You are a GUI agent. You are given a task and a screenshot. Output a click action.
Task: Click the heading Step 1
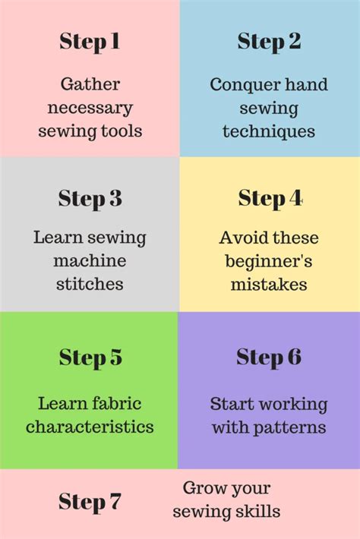[x=90, y=42]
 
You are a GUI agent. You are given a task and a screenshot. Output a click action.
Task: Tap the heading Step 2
[x=269, y=42]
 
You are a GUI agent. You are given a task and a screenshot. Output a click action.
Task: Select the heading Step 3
[x=90, y=199]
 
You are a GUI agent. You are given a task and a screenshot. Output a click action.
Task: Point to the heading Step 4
[x=270, y=199]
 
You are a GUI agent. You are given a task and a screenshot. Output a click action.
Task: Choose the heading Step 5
[x=90, y=358]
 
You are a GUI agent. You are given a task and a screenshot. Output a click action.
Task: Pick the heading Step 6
[x=269, y=357]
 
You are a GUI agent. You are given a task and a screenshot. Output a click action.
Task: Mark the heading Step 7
[x=90, y=502]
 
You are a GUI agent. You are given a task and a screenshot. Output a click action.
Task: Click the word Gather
[x=90, y=84]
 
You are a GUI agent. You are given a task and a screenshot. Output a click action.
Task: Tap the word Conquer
[x=240, y=85]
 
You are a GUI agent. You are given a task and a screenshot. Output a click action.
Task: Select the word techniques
[x=269, y=131]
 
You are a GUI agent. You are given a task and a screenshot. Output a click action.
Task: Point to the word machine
[x=90, y=261]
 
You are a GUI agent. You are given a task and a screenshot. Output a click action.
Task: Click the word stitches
[x=90, y=285]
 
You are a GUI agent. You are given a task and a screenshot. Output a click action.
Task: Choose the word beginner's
[x=269, y=261]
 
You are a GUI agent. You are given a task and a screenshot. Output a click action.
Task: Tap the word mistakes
[x=269, y=285]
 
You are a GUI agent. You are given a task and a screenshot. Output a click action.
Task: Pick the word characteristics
[x=90, y=427]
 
